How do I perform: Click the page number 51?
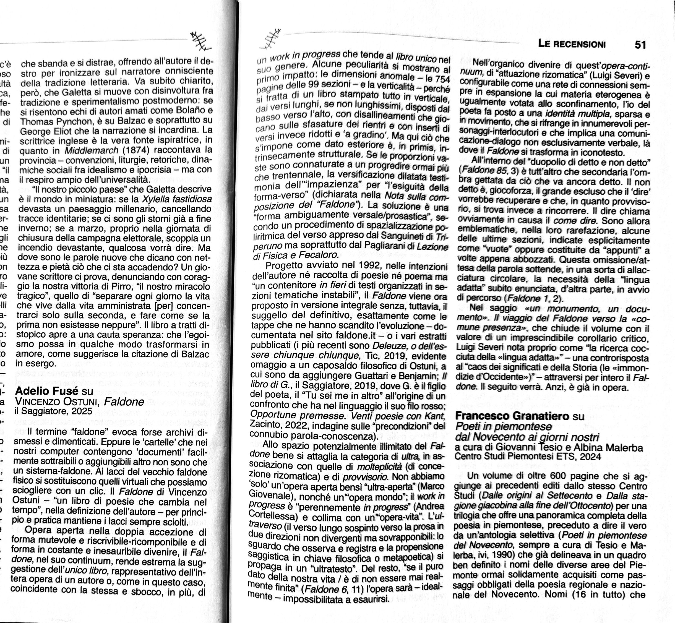[x=640, y=45]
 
